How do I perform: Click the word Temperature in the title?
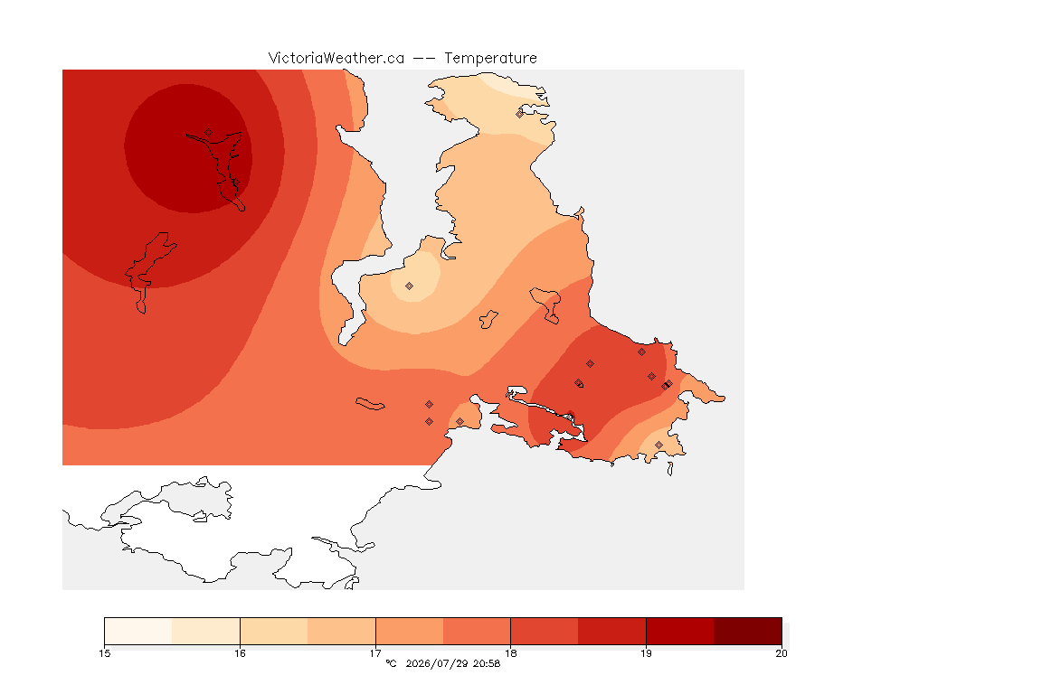coord(490,59)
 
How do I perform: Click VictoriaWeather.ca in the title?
coord(336,59)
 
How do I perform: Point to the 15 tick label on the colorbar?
coord(104,653)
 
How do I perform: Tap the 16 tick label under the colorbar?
coord(240,653)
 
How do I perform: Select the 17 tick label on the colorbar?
coord(375,653)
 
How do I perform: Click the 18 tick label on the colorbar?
coord(510,653)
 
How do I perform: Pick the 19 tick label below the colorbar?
coord(646,653)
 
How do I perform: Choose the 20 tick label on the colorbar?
coord(781,653)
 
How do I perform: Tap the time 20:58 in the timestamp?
coord(487,663)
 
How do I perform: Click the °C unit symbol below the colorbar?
coord(391,663)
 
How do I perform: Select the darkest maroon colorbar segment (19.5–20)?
coord(748,631)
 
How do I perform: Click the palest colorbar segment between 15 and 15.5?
coord(138,631)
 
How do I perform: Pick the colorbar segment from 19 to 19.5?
coord(680,631)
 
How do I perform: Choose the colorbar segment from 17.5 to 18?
coord(477,631)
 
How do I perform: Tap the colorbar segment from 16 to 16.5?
coord(274,631)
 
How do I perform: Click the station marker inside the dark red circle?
coord(209,133)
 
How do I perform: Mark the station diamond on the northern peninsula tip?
coord(520,114)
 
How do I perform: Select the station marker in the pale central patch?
coord(410,286)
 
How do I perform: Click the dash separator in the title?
coord(424,59)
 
